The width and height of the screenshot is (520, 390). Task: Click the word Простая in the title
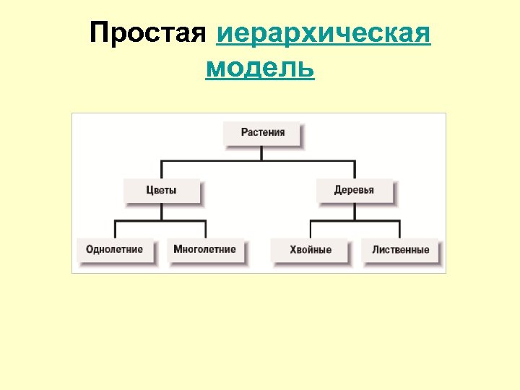(x=148, y=34)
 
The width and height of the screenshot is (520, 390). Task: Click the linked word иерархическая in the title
(x=324, y=34)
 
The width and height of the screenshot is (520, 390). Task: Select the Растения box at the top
(x=263, y=133)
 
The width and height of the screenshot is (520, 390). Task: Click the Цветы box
(x=161, y=191)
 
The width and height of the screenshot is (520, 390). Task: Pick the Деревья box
(x=354, y=191)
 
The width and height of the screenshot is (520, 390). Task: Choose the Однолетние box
(x=114, y=250)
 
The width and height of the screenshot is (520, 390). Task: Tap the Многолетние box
(x=204, y=250)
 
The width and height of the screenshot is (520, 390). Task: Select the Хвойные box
(x=311, y=250)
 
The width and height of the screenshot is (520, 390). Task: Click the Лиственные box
(x=401, y=250)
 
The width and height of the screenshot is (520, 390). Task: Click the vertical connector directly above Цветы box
(x=161, y=168)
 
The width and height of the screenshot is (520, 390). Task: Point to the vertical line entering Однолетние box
(x=116, y=229)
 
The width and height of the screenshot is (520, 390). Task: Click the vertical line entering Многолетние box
(x=206, y=229)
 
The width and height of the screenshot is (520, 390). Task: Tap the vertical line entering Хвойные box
(x=310, y=229)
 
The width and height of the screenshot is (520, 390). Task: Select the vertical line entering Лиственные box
(x=399, y=229)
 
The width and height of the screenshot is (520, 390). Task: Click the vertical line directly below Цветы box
(x=161, y=211)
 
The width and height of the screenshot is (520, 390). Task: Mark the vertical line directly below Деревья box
(x=354, y=211)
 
